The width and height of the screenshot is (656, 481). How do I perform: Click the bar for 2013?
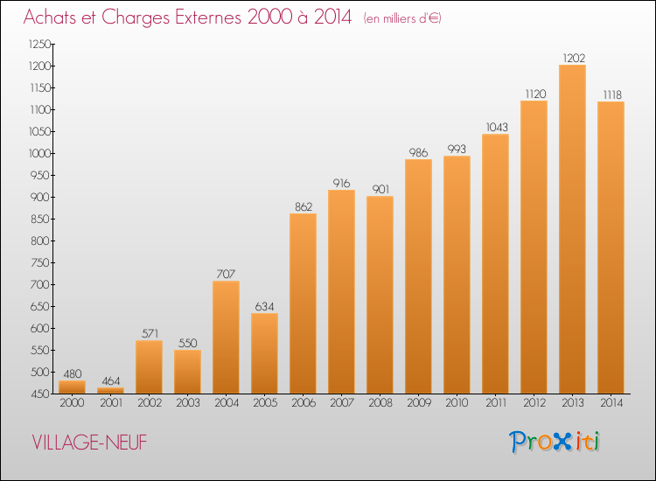pyautogui.click(x=572, y=229)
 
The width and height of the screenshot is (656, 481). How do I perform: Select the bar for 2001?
pyautogui.click(x=110, y=391)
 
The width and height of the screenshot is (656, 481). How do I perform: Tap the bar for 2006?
pyautogui.click(x=303, y=303)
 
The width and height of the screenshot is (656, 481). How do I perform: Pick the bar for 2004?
pyautogui.click(x=226, y=338)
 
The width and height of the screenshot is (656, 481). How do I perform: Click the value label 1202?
pyautogui.click(x=574, y=58)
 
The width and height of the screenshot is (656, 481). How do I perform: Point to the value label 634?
pyautogui.click(x=264, y=307)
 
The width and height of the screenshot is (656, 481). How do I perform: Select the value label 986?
pyautogui.click(x=418, y=153)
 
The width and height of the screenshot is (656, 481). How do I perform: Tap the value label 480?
pyautogui.click(x=73, y=374)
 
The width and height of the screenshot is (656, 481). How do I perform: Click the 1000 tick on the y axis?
pyautogui.click(x=39, y=154)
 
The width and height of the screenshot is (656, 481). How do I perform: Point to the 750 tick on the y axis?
pyautogui.click(x=40, y=262)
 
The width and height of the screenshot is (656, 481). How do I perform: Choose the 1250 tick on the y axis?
pyautogui.click(x=39, y=45)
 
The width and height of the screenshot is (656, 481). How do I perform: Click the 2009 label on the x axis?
pyautogui.click(x=419, y=403)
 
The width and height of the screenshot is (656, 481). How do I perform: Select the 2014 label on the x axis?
pyautogui.click(x=611, y=403)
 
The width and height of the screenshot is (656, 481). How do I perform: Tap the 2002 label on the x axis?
pyautogui.click(x=150, y=403)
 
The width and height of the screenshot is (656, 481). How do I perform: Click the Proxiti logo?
pyautogui.click(x=555, y=442)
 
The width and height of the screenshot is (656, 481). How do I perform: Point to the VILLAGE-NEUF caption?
pyautogui.click(x=89, y=443)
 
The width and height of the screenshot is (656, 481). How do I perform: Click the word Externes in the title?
pyautogui.click(x=208, y=17)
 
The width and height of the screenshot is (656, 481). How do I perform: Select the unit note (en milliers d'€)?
pyautogui.click(x=402, y=18)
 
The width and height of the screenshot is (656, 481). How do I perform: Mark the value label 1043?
pyautogui.click(x=497, y=127)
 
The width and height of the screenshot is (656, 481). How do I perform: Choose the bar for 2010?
pyautogui.click(x=457, y=275)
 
